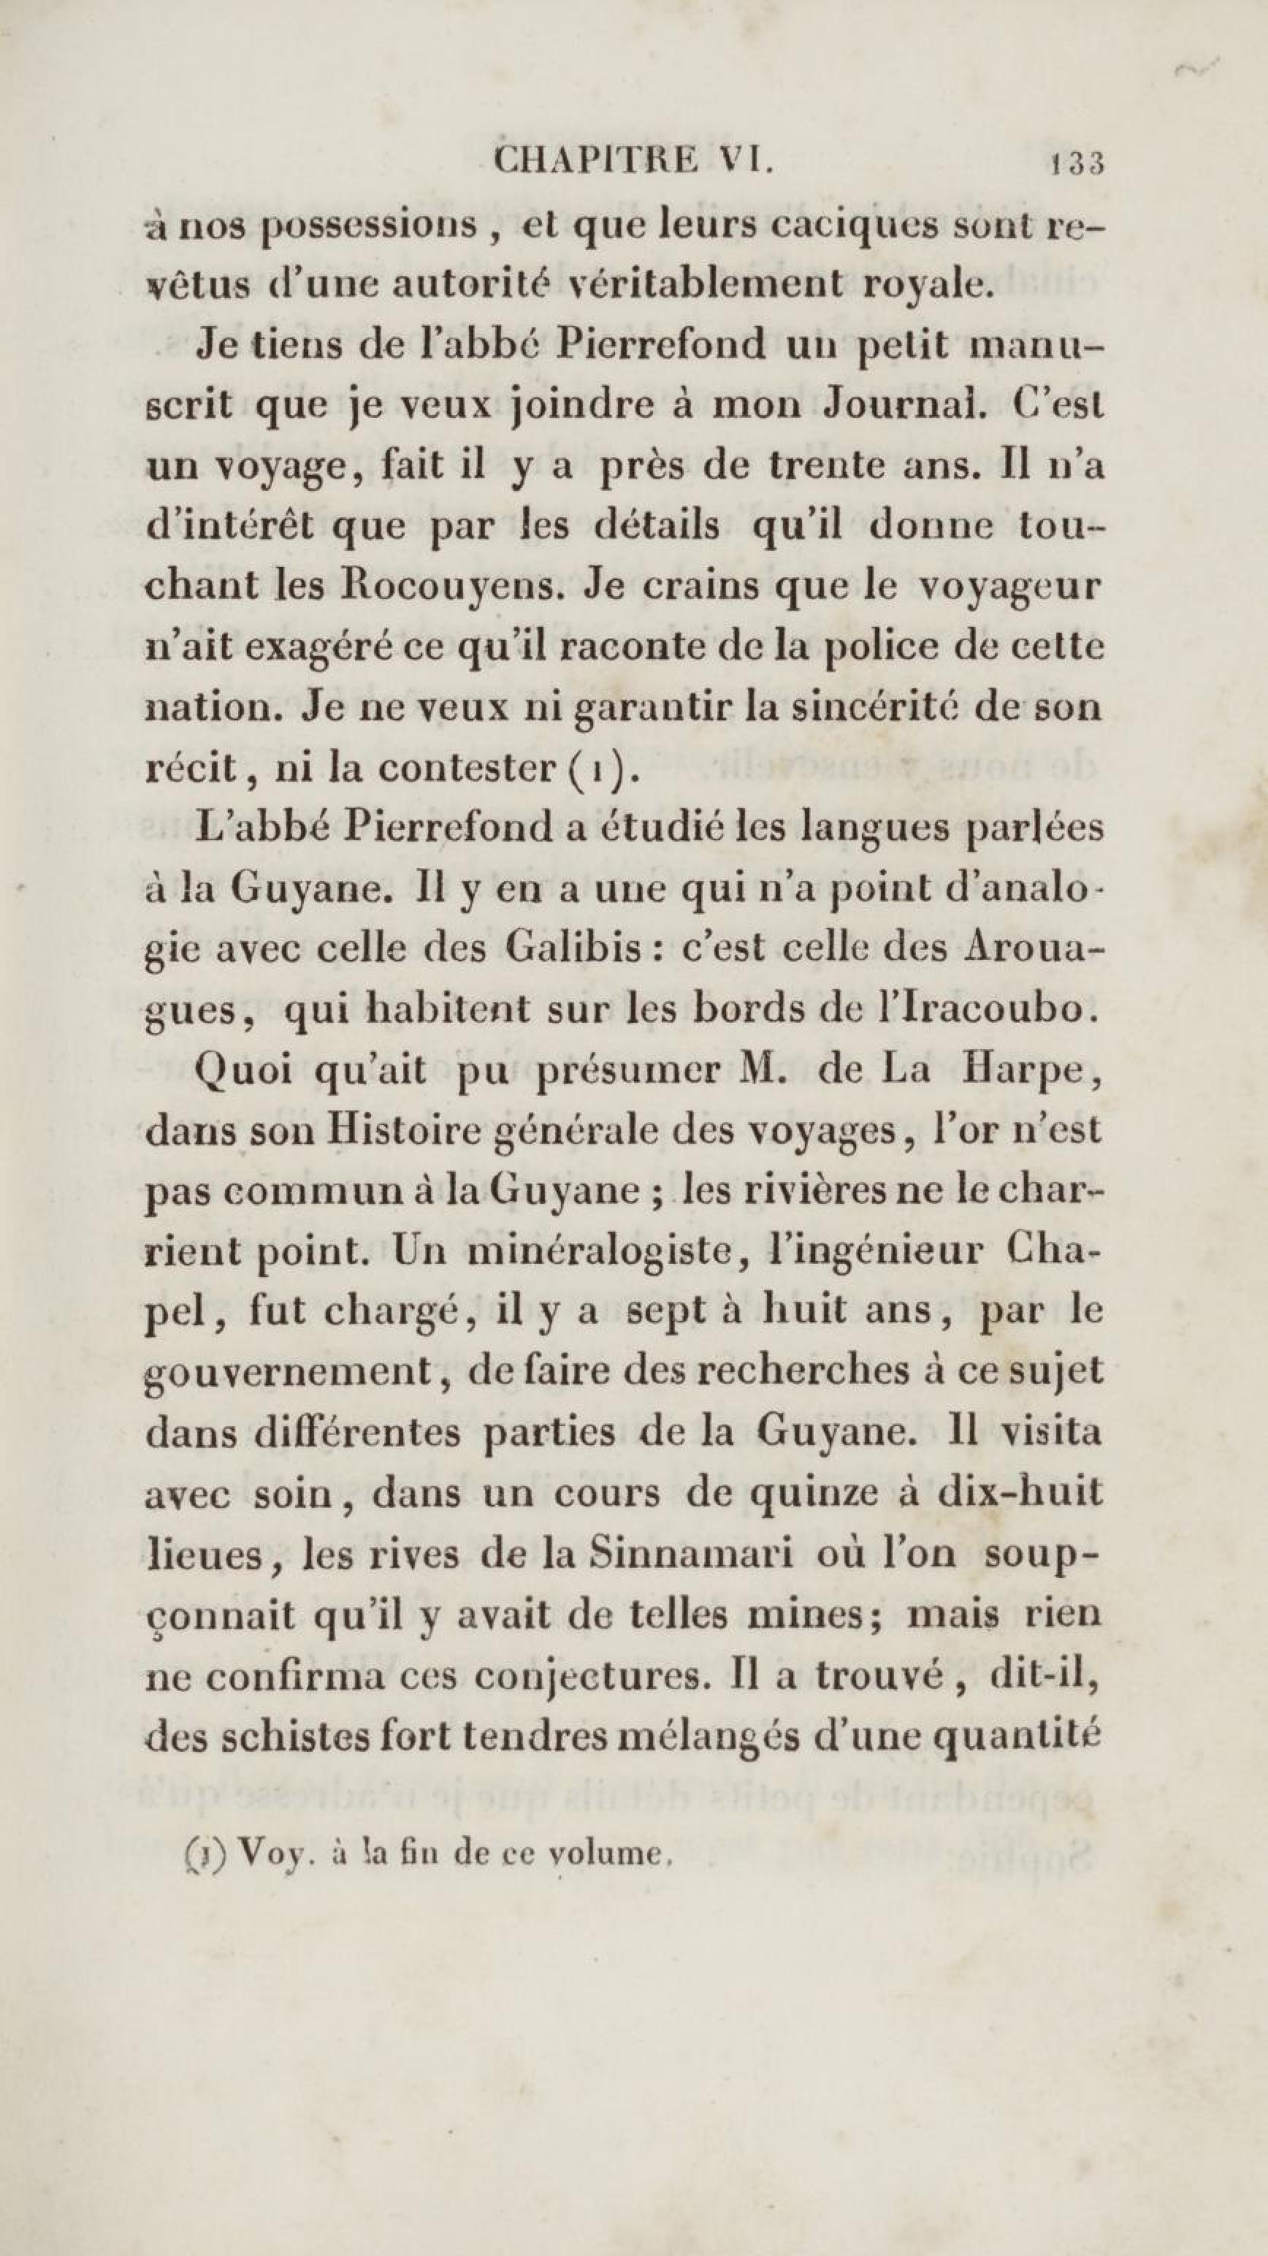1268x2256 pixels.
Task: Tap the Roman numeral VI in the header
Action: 745,163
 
